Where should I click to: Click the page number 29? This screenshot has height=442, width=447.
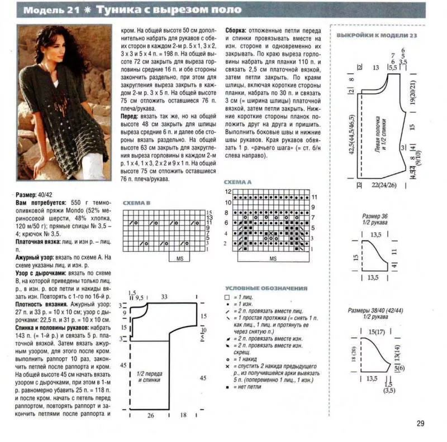click(x=420, y=423)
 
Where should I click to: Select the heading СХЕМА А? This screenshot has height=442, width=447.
click(x=237, y=182)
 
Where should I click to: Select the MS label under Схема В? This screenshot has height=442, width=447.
click(x=180, y=258)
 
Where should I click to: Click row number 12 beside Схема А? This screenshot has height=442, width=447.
click(x=228, y=191)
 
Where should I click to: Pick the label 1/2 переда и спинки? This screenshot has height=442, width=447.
click(x=148, y=377)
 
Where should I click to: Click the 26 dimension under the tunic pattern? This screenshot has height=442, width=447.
click(x=150, y=415)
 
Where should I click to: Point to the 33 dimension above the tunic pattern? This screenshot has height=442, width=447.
click(x=164, y=297)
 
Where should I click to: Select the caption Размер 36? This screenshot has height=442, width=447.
click(x=374, y=215)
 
